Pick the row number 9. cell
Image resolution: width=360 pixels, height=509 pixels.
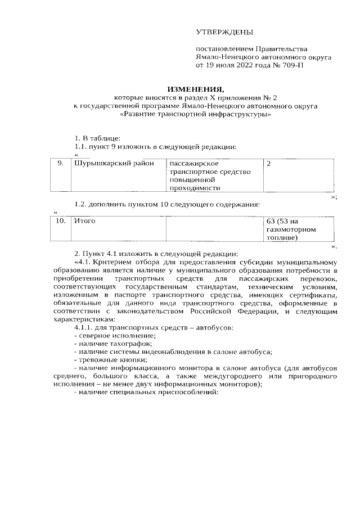[x=61, y=163]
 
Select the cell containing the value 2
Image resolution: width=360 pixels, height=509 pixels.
[x=269, y=163]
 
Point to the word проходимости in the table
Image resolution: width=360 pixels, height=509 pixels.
[x=194, y=188]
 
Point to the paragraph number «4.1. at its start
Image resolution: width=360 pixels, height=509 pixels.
[x=84, y=261]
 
